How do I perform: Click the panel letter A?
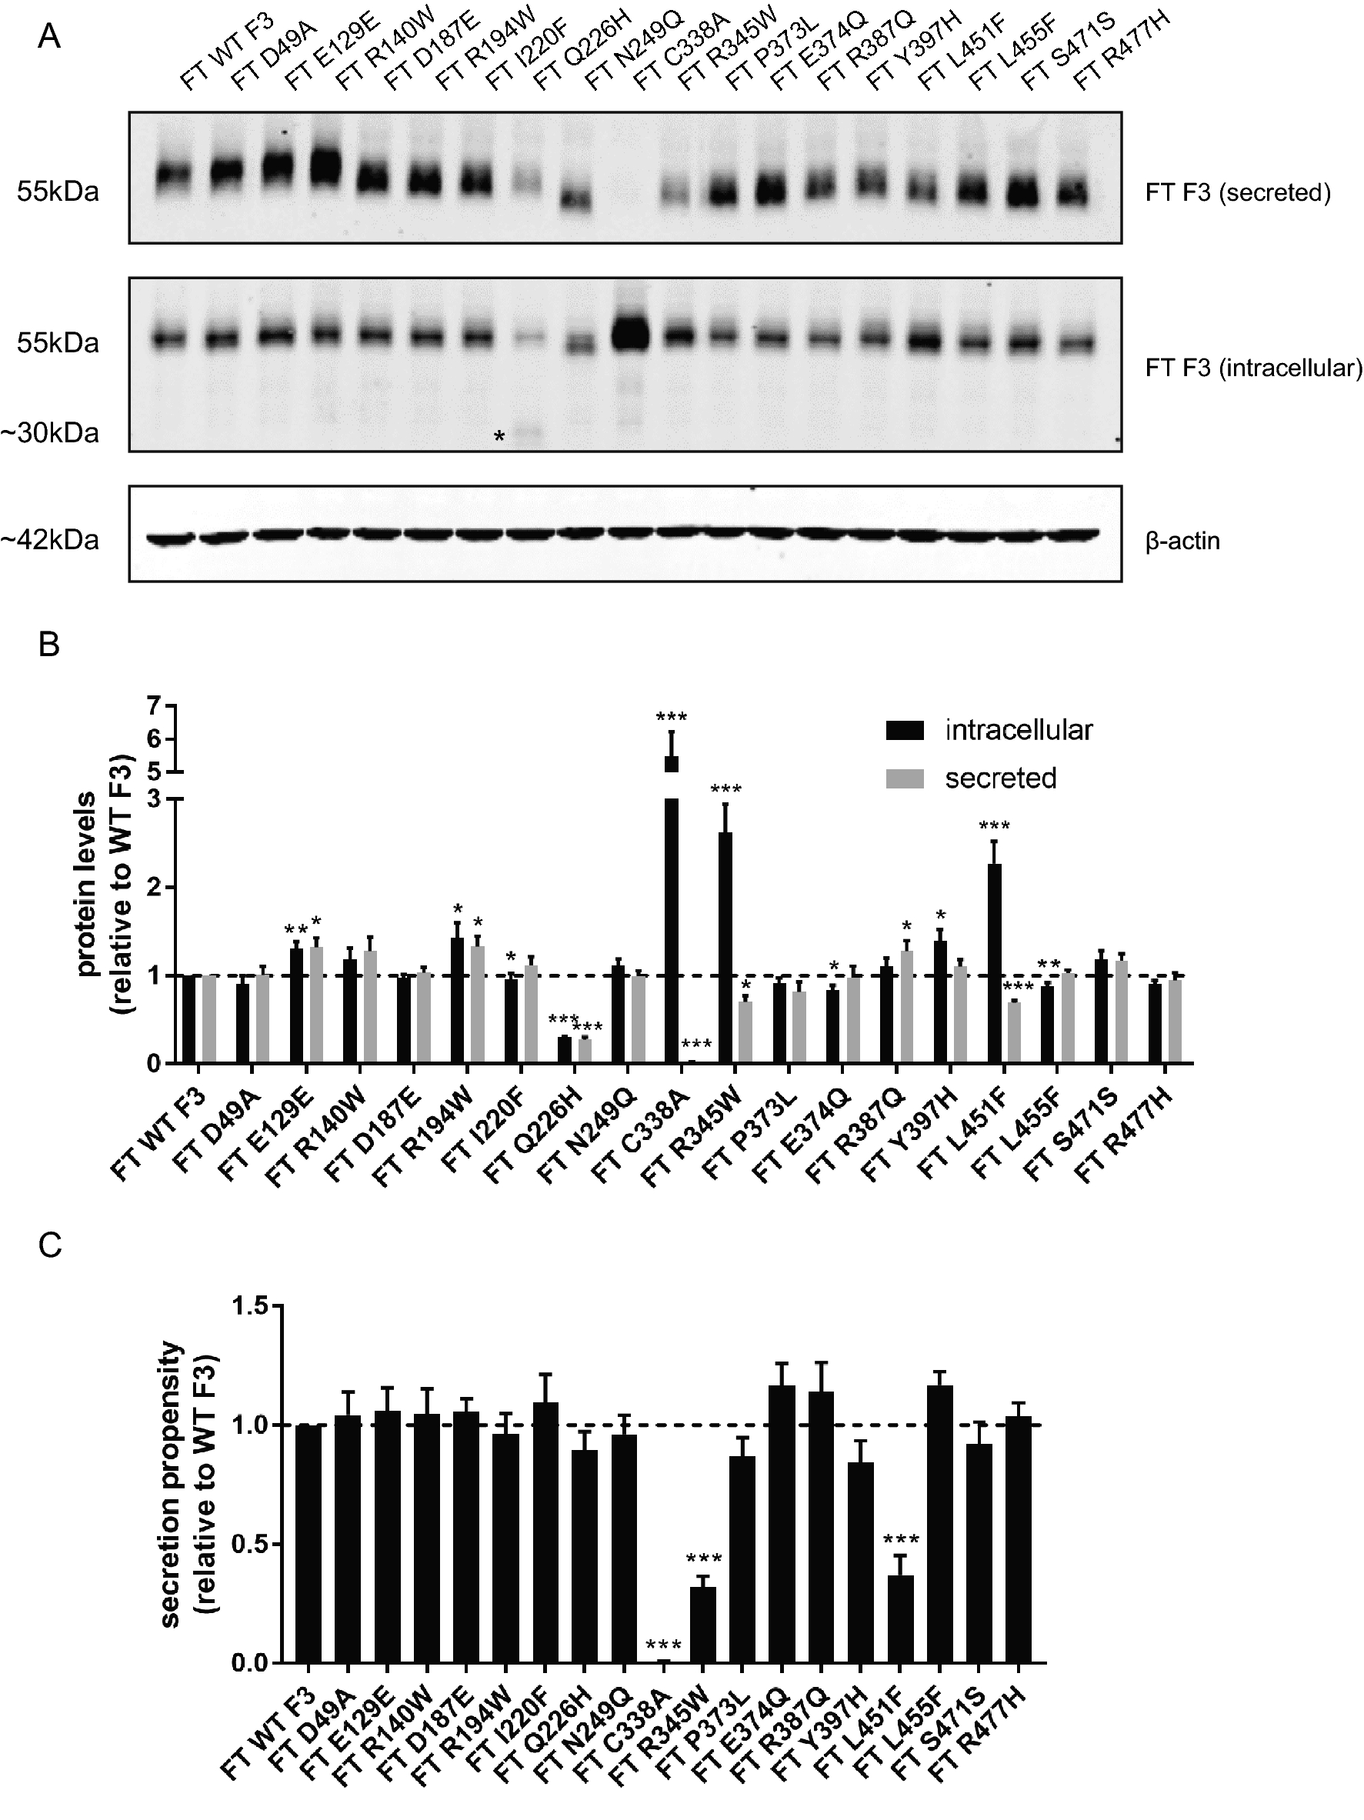[x=49, y=37]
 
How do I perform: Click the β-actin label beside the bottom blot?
[x=1182, y=541]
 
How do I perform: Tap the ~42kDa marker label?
[x=51, y=540]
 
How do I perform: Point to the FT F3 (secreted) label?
[x=1237, y=192]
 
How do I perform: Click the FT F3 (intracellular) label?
[x=1253, y=368]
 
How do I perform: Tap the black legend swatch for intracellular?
[x=904, y=730]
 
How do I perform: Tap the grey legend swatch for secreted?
[x=904, y=778]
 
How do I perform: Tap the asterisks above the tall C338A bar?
[x=672, y=717]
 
